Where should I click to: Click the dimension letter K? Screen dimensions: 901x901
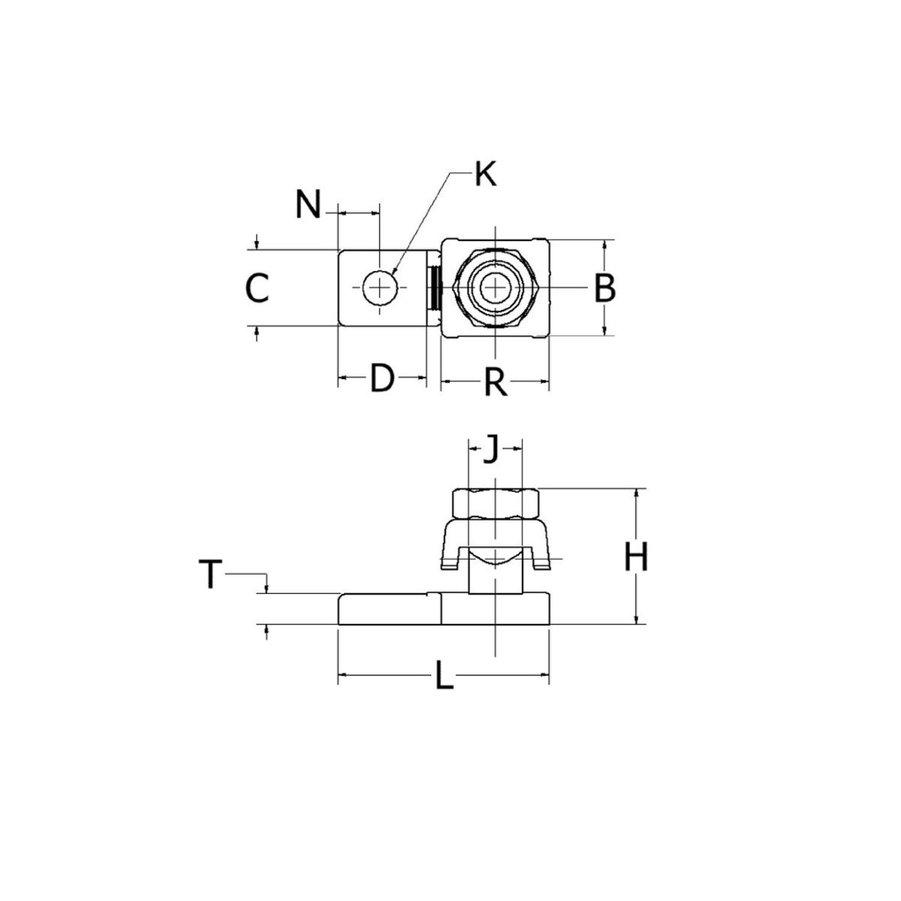[x=486, y=174]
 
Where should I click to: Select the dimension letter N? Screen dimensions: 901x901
[x=307, y=204]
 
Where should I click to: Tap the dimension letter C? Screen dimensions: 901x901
[x=258, y=288]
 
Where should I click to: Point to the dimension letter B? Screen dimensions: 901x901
[x=604, y=288]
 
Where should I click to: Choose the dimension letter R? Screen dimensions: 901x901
[x=495, y=383]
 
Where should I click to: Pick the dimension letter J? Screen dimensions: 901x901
[x=490, y=450]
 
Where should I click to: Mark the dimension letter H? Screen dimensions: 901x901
[x=636, y=558]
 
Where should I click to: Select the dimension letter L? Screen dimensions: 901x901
[x=444, y=679]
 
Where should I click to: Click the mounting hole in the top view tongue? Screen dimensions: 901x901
[x=381, y=288]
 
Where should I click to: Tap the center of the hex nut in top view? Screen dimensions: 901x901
[x=495, y=288]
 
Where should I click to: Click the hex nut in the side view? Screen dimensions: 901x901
[x=495, y=504]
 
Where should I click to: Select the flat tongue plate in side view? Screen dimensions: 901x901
[x=389, y=609]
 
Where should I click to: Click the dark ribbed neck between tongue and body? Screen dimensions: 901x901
[x=433, y=288]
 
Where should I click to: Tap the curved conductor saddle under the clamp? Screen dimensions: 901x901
[x=495, y=558]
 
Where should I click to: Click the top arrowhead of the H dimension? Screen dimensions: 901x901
[x=637, y=493]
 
